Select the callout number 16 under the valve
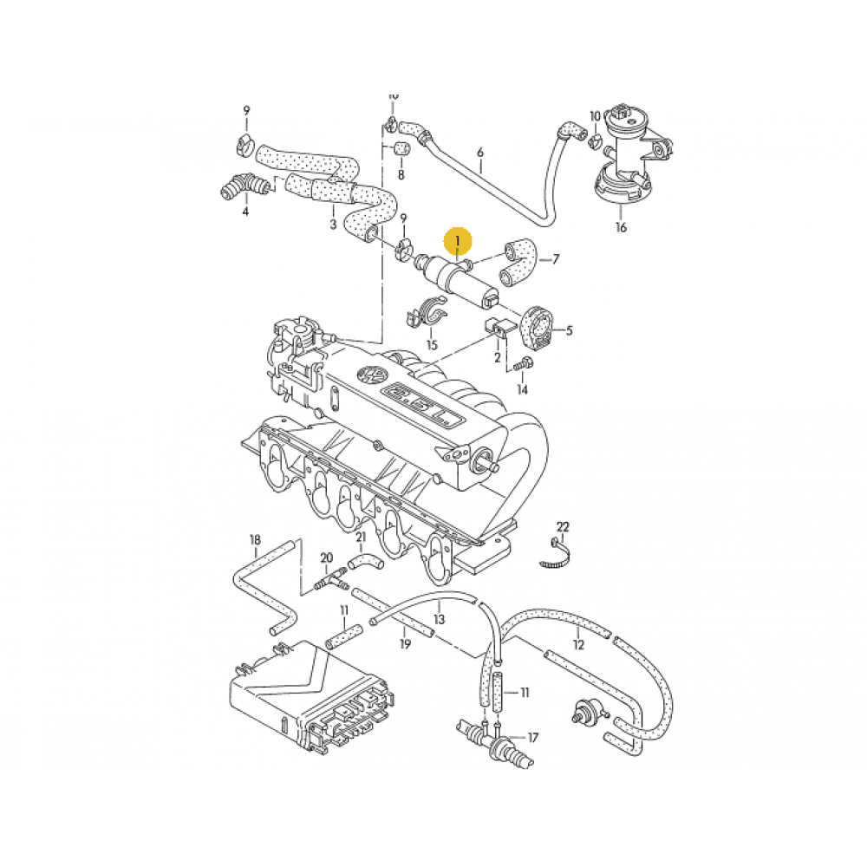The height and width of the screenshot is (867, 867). pyautogui.click(x=621, y=228)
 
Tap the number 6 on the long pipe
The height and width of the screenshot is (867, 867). pyautogui.click(x=479, y=153)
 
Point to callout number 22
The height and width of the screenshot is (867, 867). pyautogui.click(x=563, y=527)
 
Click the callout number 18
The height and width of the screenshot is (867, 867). pyautogui.click(x=255, y=540)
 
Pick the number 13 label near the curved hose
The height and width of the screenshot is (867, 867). pyautogui.click(x=439, y=619)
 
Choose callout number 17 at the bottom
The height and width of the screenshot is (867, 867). pyautogui.click(x=533, y=738)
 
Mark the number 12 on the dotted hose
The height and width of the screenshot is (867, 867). pyautogui.click(x=578, y=643)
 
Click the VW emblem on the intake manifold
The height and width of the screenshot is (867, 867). pyautogui.click(x=372, y=376)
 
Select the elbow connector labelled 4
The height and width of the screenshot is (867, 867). pyautogui.click(x=240, y=186)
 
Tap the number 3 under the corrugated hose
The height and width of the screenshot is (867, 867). pyautogui.click(x=333, y=225)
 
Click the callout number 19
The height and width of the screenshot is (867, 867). pyautogui.click(x=405, y=644)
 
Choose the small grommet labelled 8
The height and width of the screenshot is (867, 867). pyautogui.click(x=401, y=147)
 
